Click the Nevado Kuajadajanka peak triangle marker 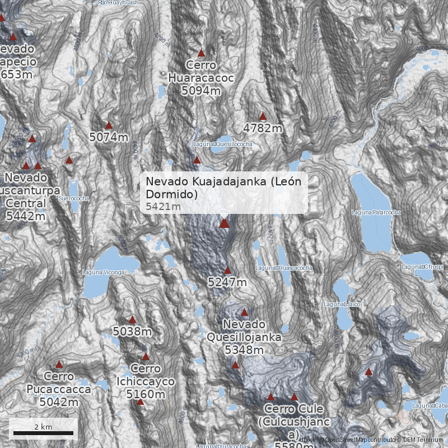224,223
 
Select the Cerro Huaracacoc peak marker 202,53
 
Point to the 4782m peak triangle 263,116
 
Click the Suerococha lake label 73,198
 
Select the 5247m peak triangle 227,270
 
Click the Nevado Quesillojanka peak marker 244,312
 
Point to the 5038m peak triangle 132,320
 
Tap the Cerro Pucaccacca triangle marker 59,365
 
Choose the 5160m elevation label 146,394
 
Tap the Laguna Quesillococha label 222,144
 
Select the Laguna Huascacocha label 284,268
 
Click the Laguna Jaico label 341,304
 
